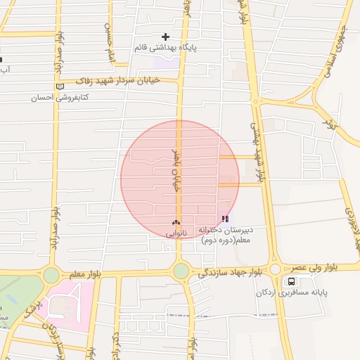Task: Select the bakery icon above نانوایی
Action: (176, 221)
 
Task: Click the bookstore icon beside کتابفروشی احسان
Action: (60, 86)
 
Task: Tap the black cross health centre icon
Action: (166, 37)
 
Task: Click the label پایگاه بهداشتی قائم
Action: (166, 48)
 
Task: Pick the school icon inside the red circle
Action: (225, 219)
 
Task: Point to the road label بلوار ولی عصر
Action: (307, 268)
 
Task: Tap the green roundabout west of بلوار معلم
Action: (51, 275)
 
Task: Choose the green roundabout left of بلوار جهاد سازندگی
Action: (181, 271)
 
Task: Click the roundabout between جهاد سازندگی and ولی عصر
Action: (275, 269)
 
